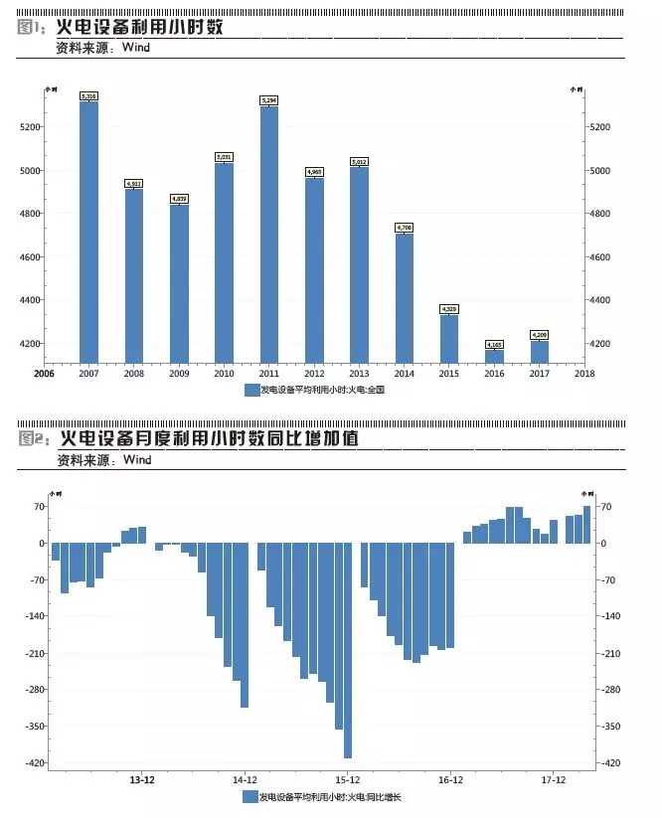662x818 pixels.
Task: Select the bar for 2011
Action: coord(269,234)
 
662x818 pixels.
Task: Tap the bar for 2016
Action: coord(494,356)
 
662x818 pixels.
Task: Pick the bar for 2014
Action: coord(405,298)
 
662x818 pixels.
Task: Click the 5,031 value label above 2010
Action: coord(225,157)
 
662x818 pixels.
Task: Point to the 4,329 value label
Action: coord(449,309)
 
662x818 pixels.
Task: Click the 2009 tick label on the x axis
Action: coord(179,375)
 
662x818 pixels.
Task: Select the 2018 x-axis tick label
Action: coord(583,375)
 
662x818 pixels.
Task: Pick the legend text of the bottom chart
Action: coord(329,797)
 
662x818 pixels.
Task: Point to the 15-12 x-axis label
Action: coord(348,780)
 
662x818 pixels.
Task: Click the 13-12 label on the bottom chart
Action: coord(142,780)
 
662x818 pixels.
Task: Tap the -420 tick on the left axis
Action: coord(33,763)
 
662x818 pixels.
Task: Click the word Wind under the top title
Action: coord(136,47)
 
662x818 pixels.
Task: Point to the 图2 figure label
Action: coord(33,438)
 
